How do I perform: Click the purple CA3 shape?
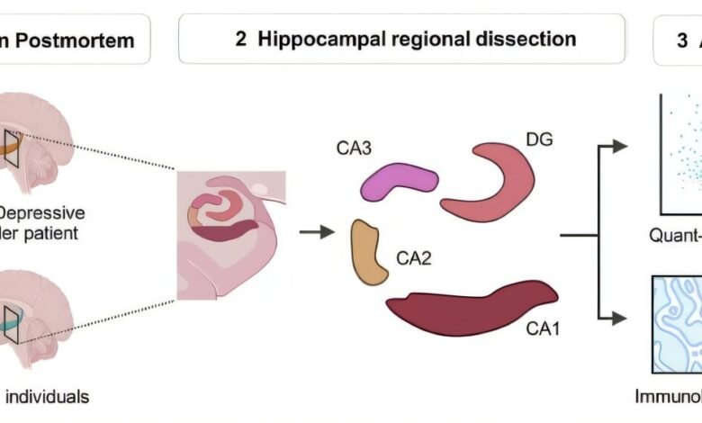click(x=399, y=181)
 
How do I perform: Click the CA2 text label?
click(x=415, y=259)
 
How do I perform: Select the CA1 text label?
click(x=544, y=328)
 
